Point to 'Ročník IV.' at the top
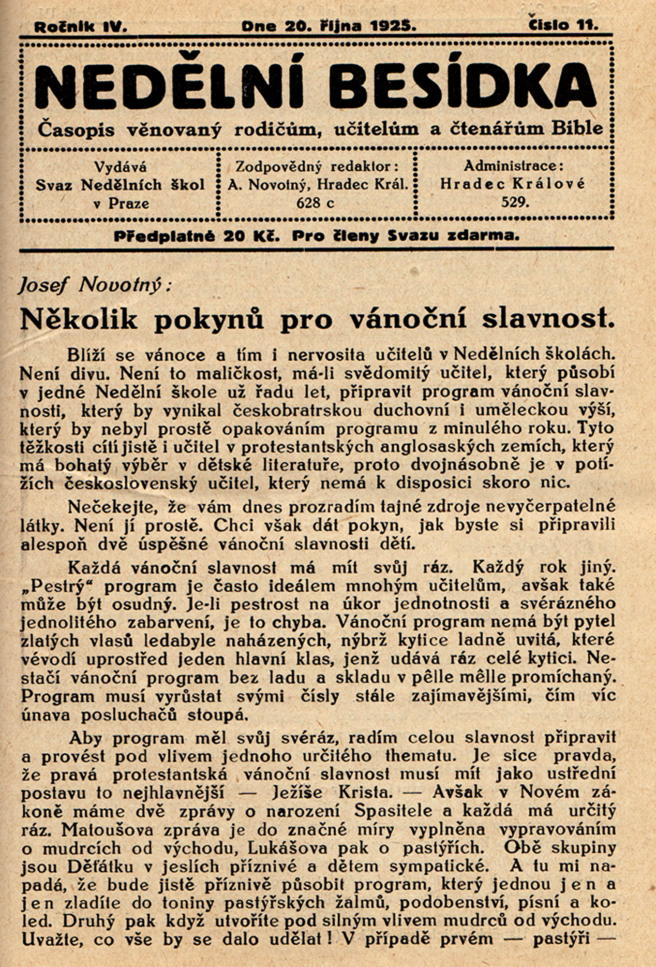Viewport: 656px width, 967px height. tap(80, 27)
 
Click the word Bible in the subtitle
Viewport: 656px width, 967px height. tap(577, 129)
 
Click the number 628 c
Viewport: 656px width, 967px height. tap(315, 203)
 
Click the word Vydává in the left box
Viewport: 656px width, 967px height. tap(120, 167)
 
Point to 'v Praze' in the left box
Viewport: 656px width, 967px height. tap(120, 204)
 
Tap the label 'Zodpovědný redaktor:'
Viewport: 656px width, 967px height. tap(317, 167)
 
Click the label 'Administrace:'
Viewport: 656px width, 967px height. tap(513, 166)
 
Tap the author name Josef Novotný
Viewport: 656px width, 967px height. tap(94, 285)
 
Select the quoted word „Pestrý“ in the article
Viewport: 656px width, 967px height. tap(58, 586)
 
